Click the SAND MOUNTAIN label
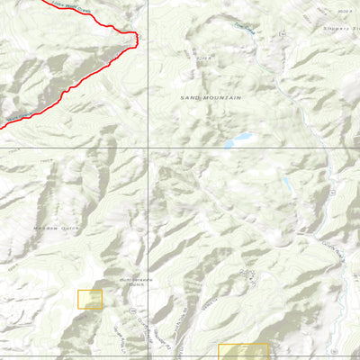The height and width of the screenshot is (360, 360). (x=211, y=96)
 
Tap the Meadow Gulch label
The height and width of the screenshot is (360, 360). (x=51, y=229)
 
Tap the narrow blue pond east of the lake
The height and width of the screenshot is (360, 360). (x=286, y=184)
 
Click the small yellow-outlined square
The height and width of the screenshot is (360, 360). (x=90, y=299)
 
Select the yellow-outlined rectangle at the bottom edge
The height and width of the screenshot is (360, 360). (x=244, y=352)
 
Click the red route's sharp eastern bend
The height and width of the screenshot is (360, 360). (x=136, y=36)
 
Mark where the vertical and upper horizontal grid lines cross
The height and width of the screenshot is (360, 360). (x=148, y=148)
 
